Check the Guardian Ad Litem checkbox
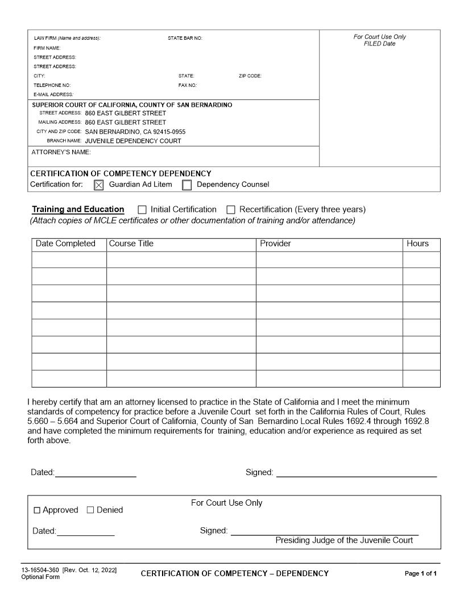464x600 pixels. [x=98, y=185]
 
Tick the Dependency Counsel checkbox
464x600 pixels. [x=187, y=185]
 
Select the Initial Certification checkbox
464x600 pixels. [x=142, y=210]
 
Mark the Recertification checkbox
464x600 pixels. [x=231, y=210]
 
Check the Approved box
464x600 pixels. [x=37, y=510]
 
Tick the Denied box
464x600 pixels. [x=90, y=510]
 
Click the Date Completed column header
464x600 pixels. [x=65, y=244]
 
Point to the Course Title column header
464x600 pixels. [x=131, y=244]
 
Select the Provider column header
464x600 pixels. [x=275, y=244]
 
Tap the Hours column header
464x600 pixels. [x=417, y=244]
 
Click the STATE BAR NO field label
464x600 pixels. [x=185, y=38]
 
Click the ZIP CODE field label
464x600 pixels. [x=250, y=76]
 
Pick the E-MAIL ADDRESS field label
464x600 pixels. [x=53, y=94]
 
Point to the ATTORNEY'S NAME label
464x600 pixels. [x=61, y=152]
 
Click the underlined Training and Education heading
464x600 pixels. [x=78, y=209]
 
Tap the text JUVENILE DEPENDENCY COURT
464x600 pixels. [x=133, y=141]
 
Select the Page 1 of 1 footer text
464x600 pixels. [x=421, y=573]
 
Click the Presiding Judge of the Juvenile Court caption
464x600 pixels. [x=344, y=540]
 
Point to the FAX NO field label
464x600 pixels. [x=188, y=85]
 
